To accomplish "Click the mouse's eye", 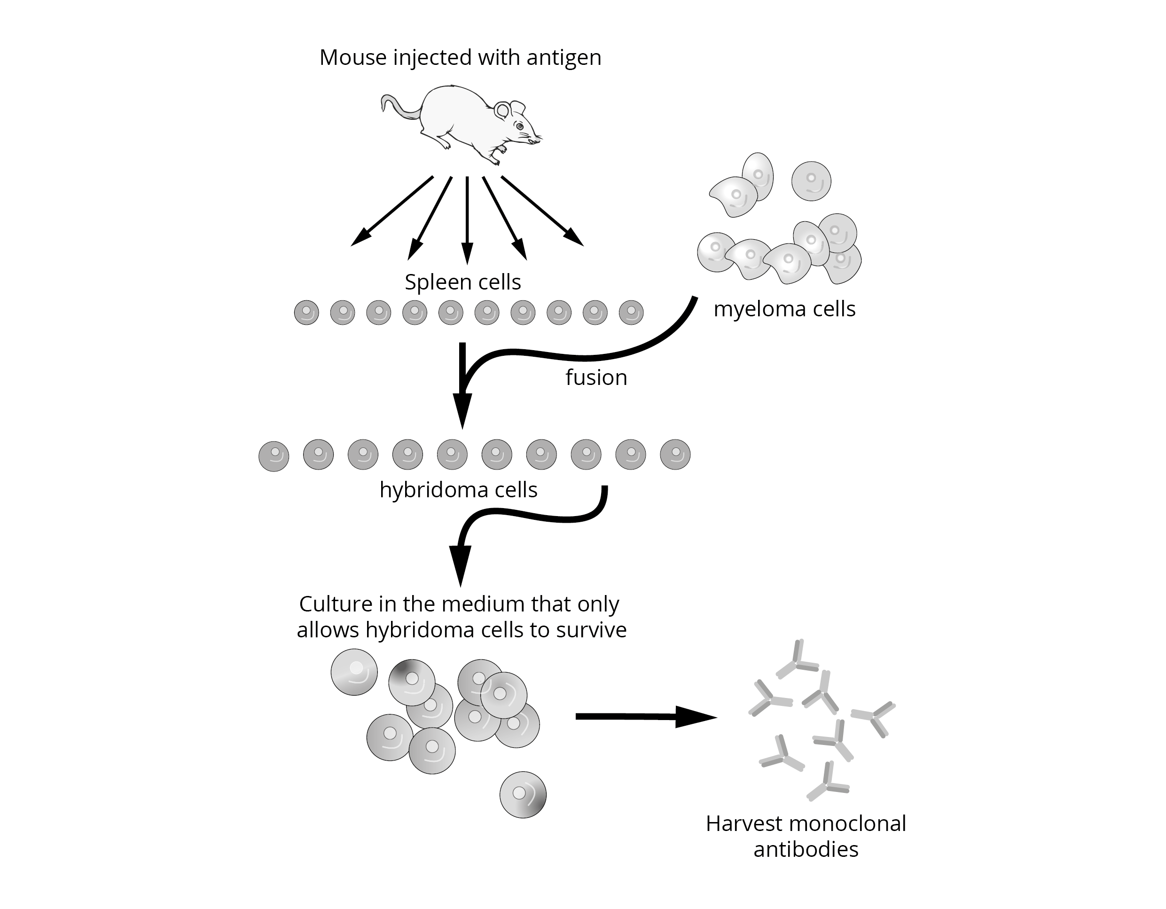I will pyautogui.click(x=519, y=126).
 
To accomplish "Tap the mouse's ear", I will pyautogui.click(x=502, y=110).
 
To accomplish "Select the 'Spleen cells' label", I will pyautogui.click(x=462, y=282).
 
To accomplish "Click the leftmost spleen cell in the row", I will pyautogui.click(x=306, y=313).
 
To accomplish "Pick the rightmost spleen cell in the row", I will pyautogui.click(x=631, y=313).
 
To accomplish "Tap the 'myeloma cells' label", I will pyautogui.click(x=784, y=309).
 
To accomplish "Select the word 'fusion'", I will pyautogui.click(x=596, y=377).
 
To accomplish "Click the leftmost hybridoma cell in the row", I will pyautogui.click(x=274, y=456).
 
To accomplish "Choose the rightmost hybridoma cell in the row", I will pyautogui.click(x=675, y=454).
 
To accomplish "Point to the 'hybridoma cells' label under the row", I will pyautogui.click(x=458, y=490).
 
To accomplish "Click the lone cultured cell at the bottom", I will pyautogui.click(x=523, y=795).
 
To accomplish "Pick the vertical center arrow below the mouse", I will pyautogui.click(x=467, y=219).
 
